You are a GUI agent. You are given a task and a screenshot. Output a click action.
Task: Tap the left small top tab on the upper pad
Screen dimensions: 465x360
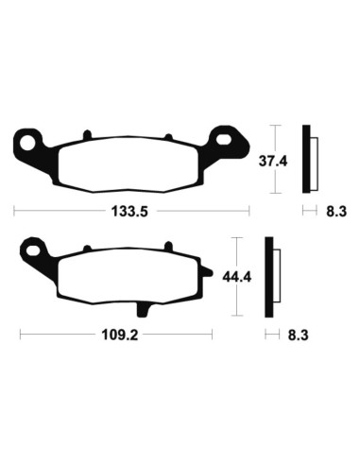point(85,134)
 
